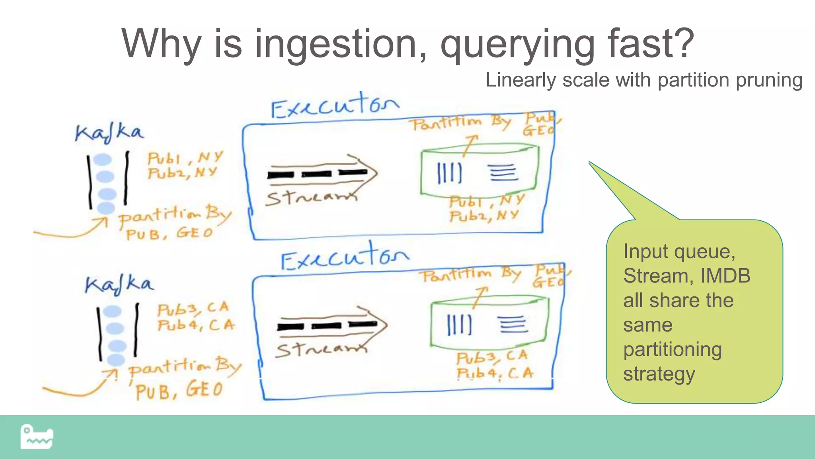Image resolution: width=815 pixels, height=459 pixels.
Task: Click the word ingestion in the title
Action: pos(340,44)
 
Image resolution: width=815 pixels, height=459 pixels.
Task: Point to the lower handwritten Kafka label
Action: pos(119,284)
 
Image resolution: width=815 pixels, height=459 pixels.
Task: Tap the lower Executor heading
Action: pos(345,257)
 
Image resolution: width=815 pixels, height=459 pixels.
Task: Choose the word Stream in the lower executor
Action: pos(320,350)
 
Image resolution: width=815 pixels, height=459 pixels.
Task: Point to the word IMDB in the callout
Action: pos(725,276)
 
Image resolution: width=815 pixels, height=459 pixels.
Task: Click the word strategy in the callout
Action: pos(659,374)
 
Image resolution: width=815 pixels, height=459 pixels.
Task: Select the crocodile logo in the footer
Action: pos(37,437)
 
